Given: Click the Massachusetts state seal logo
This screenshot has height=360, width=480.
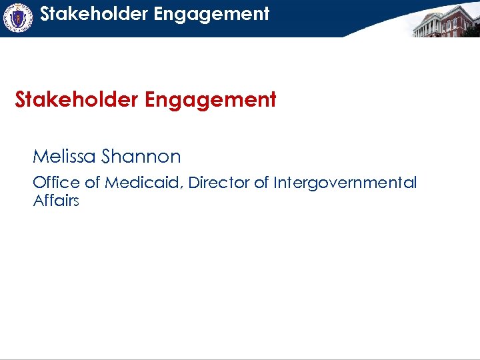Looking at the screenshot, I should point(18,18).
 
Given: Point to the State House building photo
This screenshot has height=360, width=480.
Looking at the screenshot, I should point(445,20).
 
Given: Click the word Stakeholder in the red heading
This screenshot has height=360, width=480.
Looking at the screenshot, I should point(75,100).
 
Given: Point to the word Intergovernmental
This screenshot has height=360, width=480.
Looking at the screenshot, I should point(345,183).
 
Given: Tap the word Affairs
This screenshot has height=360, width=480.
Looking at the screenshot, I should point(56,201).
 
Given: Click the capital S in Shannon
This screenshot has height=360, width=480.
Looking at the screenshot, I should point(107,157).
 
